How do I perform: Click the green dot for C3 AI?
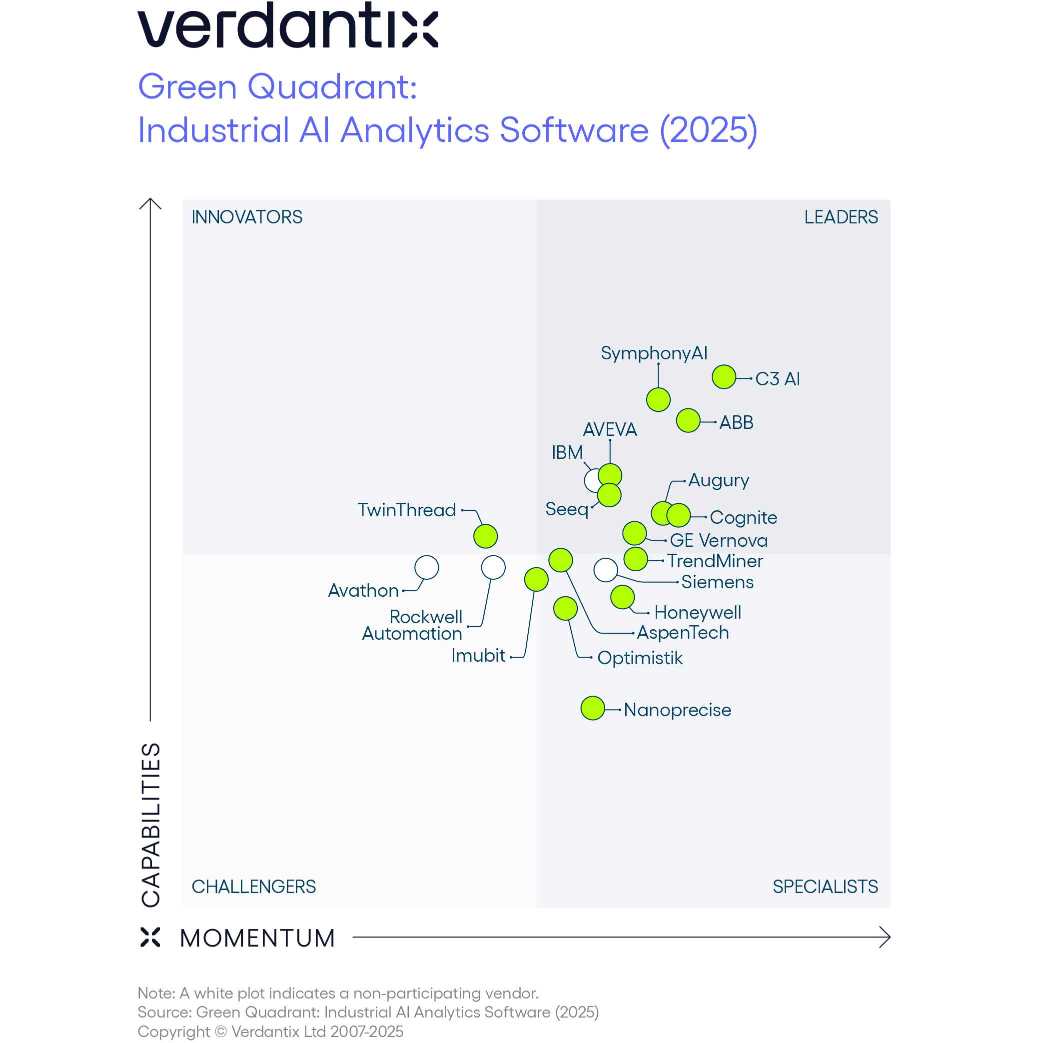[x=724, y=377]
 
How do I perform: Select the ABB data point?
[x=688, y=420]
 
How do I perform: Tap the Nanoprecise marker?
[x=592, y=708]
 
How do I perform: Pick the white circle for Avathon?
[x=426, y=567]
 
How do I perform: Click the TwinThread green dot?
[x=485, y=536]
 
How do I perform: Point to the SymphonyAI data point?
[x=658, y=400]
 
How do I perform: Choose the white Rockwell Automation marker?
[x=493, y=567]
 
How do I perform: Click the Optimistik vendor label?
[x=640, y=658]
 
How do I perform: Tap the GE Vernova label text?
[x=718, y=540]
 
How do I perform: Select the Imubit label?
[x=478, y=655]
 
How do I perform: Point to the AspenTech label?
[x=682, y=633]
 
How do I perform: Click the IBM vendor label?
[x=567, y=452]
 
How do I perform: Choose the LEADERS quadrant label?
[x=841, y=217]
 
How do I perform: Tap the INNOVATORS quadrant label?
[x=247, y=217]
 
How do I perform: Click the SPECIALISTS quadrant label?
[x=825, y=887]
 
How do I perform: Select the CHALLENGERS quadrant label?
[x=253, y=887]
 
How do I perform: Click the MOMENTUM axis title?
[x=257, y=938]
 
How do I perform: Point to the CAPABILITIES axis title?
[x=151, y=825]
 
